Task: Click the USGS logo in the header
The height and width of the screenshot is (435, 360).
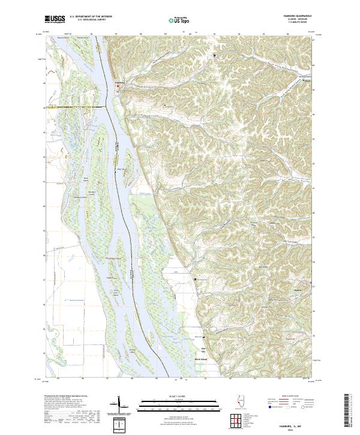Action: click(x=55, y=20)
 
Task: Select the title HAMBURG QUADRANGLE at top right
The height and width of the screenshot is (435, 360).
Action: click(x=298, y=16)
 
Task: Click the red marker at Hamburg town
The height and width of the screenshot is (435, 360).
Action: click(x=118, y=86)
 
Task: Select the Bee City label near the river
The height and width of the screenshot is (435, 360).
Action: click(x=203, y=349)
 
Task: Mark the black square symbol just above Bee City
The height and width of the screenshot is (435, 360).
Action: click(x=203, y=338)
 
